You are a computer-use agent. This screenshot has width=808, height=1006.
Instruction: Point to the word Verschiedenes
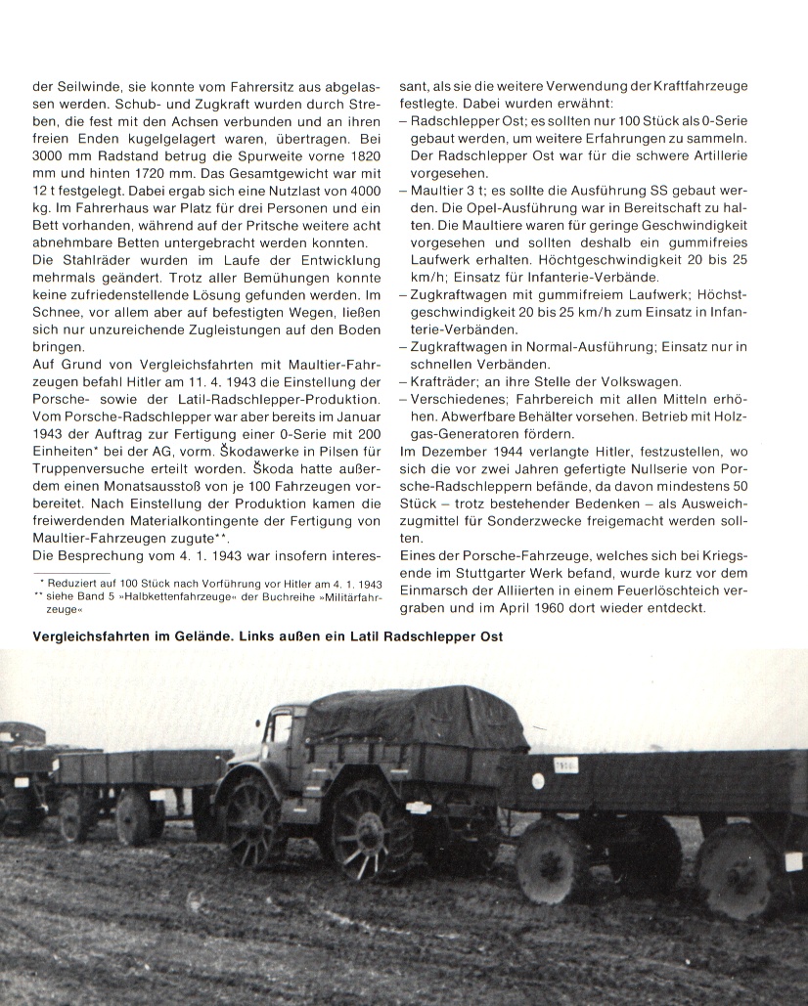point(456,399)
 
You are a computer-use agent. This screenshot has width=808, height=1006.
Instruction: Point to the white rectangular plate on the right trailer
point(566,765)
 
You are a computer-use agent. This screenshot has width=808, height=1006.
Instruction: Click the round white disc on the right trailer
point(538,780)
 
